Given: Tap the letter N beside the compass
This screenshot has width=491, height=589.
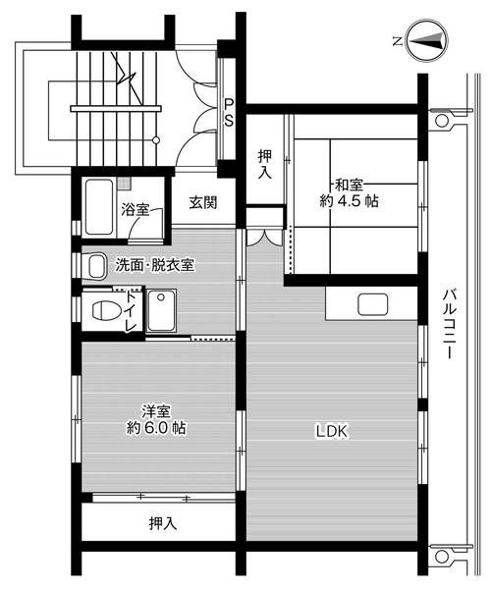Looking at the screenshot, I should [396, 41].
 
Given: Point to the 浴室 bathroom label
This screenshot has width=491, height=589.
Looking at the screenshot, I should [135, 209].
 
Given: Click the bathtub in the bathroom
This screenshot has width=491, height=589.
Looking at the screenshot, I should [98, 207].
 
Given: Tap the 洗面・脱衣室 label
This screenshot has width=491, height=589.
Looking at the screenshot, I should [154, 264].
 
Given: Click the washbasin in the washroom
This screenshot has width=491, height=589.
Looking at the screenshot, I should [94, 265].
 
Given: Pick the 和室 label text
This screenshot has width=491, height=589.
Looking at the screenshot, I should [351, 184].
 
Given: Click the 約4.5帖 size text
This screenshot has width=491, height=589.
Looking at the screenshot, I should [349, 201].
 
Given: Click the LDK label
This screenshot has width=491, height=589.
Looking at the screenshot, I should [331, 430].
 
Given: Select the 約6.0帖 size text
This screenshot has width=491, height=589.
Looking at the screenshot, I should [157, 429].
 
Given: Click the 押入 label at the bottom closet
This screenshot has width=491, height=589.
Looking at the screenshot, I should [163, 523].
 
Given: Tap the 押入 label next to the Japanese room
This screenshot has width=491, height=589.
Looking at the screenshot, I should [265, 163].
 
